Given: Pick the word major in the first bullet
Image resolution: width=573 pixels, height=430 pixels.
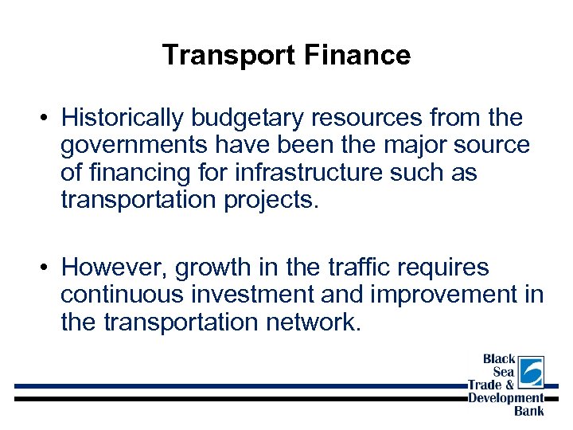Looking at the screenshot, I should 419,146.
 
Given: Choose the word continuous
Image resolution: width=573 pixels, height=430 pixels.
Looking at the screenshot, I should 120,294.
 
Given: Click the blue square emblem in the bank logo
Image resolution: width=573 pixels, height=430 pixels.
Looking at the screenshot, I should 530,371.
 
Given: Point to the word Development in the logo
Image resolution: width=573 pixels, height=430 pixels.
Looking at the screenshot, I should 505,398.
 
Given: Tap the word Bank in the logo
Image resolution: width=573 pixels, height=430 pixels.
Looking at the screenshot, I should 529,411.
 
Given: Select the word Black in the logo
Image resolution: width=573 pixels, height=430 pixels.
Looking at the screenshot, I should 499,360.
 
